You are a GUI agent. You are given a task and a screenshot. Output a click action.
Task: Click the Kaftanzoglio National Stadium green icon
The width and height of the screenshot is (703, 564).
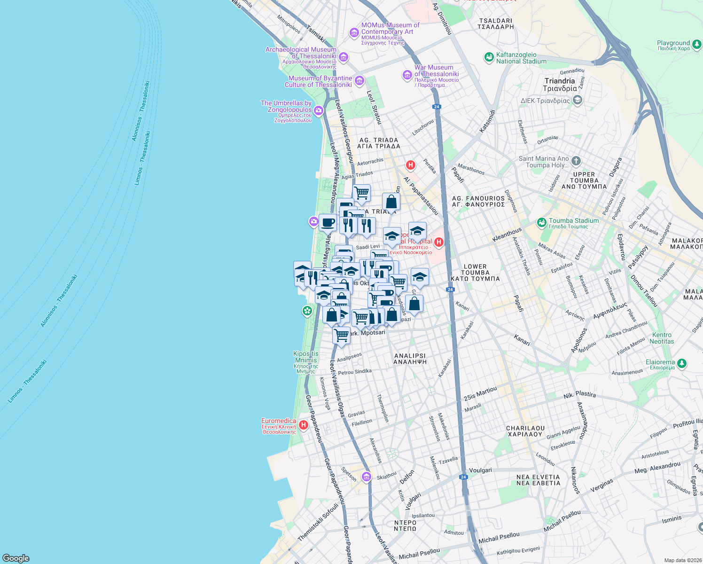[489, 57]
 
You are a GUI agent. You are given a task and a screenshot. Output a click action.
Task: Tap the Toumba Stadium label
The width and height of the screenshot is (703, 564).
[574, 221]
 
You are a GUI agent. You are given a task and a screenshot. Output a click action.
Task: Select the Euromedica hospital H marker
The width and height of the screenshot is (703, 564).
[304, 425]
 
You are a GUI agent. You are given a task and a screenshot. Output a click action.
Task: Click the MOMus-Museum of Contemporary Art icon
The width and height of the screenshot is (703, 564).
[354, 32]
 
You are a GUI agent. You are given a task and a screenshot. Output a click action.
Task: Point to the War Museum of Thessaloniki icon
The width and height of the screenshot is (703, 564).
[407, 75]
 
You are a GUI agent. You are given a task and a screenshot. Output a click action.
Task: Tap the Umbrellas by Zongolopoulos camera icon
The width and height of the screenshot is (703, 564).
[319, 110]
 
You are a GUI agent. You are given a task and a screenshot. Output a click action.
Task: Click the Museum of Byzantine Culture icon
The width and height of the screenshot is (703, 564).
[359, 81]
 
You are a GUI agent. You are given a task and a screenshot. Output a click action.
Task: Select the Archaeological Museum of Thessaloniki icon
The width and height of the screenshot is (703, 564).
[344, 57]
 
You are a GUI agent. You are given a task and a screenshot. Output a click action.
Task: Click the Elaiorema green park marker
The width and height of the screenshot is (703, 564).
[682, 363]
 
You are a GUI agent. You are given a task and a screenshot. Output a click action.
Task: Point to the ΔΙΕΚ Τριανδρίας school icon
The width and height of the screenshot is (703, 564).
[578, 100]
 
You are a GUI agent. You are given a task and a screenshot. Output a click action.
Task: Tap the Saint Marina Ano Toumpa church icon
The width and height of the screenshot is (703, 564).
[576, 161]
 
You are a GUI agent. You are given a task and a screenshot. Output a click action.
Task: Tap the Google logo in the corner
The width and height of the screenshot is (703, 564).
[16, 558]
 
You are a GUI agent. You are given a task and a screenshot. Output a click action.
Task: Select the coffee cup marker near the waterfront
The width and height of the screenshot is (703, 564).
[328, 223]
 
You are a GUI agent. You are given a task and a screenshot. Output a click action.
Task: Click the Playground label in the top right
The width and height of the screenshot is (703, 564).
[673, 43]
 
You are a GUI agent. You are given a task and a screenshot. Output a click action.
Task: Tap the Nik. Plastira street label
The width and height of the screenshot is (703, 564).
[579, 395]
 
